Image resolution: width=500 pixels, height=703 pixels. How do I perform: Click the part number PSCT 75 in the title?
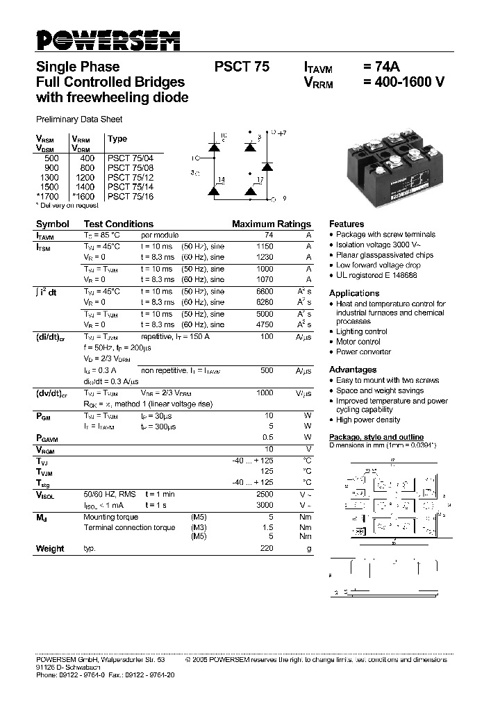[241, 67]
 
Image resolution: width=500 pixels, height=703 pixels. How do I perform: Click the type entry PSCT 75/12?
[131, 178]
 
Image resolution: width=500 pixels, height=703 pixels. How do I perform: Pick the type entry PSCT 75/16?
[131, 197]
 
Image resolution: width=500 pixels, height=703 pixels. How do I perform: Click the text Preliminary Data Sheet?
[78, 119]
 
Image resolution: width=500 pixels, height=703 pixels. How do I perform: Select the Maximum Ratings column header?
[271, 224]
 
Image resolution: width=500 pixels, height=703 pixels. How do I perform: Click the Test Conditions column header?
[118, 224]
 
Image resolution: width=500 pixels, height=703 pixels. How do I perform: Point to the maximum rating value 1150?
[265, 247]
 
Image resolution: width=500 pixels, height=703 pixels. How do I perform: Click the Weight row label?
[50, 549]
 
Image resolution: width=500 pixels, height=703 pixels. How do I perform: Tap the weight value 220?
[267, 549]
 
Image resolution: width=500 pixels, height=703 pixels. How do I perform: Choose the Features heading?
[346, 224]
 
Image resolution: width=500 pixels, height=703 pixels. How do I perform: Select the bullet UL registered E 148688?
[376, 275]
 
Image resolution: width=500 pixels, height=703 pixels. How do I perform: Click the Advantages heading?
[352, 370]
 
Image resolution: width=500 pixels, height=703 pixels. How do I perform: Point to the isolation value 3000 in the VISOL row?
[265, 504]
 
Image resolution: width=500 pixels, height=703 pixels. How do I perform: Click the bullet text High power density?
[367, 420]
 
